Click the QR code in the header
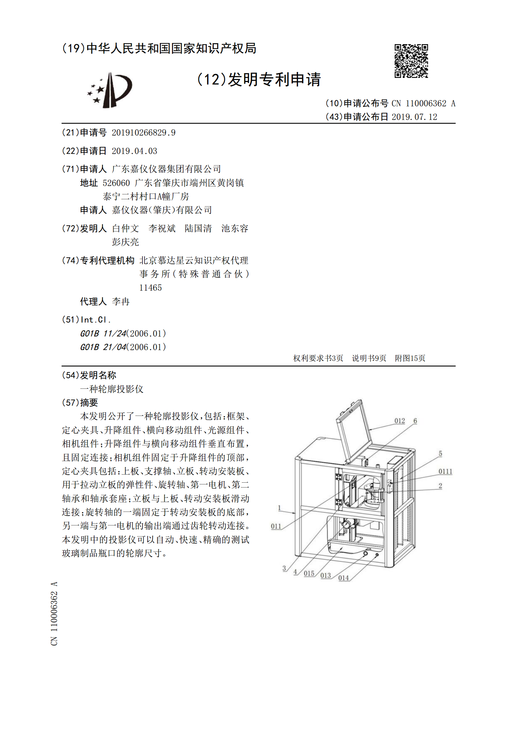click(411, 61)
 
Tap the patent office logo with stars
click(110, 90)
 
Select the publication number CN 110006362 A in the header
click(423, 103)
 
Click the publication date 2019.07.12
click(414, 117)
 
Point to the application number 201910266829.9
click(143, 132)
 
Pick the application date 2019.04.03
click(134, 151)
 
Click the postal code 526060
click(116, 183)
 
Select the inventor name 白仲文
click(125, 228)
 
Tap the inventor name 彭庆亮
click(125, 242)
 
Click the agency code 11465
click(150, 288)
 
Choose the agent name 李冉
click(121, 301)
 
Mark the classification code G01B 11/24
click(103, 333)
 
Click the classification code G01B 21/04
click(103, 347)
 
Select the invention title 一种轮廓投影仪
click(112, 389)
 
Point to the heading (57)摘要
click(80, 403)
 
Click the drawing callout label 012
click(400, 421)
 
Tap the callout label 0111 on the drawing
click(445, 472)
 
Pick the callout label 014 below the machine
click(343, 578)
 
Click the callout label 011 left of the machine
click(276, 526)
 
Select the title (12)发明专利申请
click(259, 80)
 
